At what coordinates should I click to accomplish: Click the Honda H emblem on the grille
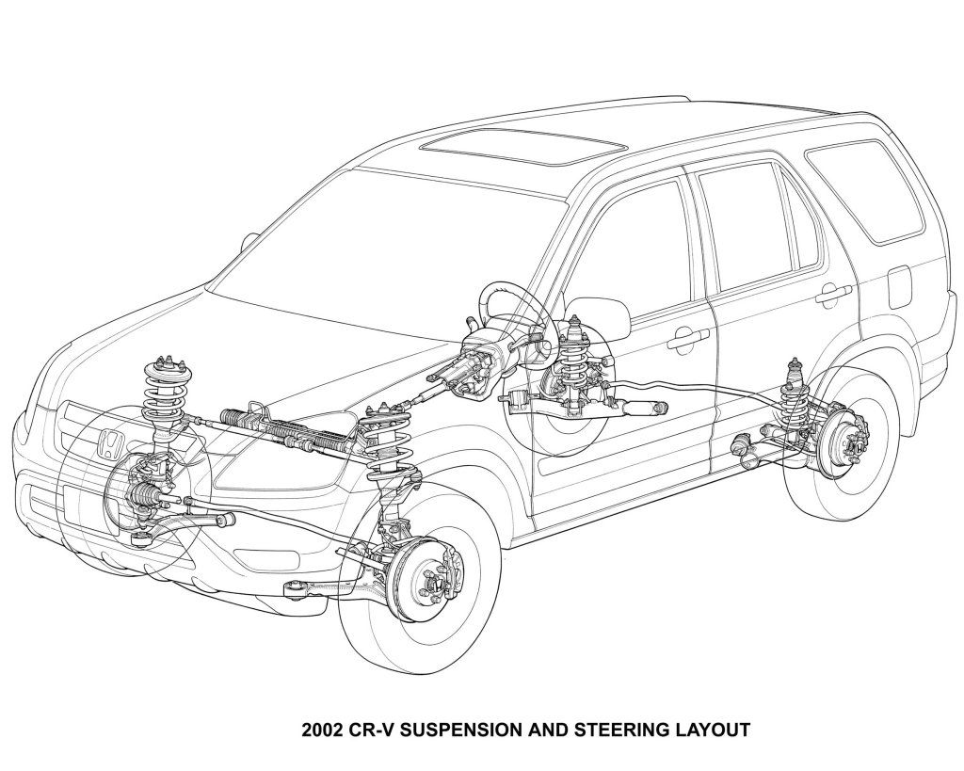(x=110, y=442)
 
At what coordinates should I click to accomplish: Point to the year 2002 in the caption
(x=322, y=729)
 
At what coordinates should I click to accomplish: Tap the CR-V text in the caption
(x=374, y=729)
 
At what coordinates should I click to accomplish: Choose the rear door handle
(x=833, y=296)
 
